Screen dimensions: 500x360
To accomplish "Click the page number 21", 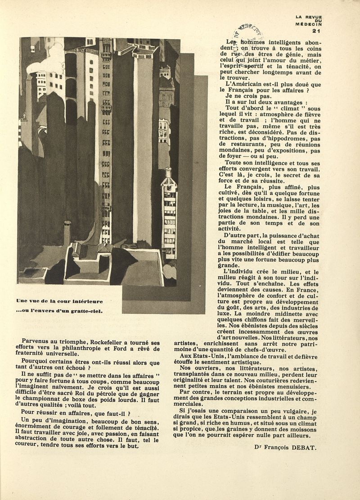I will click(x=315, y=31).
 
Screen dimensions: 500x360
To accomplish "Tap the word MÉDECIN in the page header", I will click(x=309, y=24).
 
